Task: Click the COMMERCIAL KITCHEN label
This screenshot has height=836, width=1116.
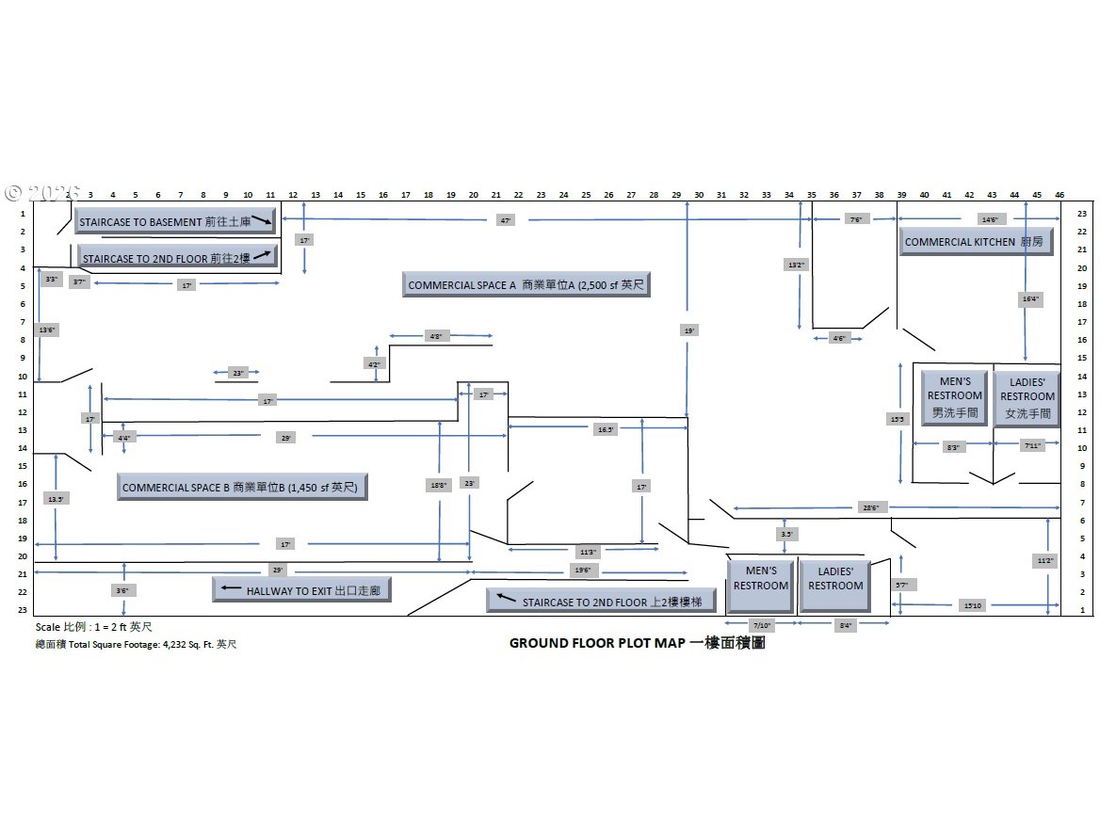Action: click(x=976, y=242)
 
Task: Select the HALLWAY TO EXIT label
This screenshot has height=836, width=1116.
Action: click(x=302, y=590)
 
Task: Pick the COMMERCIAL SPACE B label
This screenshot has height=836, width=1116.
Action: click(x=242, y=488)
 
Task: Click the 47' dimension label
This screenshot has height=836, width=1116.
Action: click(x=506, y=219)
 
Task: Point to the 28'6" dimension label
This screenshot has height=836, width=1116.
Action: click(x=870, y=507)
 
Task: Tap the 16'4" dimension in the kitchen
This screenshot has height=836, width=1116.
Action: click(x=1029, y=299)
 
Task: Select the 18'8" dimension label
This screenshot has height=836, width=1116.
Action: click(x=438, y=485)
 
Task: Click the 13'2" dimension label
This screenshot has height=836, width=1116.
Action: click(x=797, y=265)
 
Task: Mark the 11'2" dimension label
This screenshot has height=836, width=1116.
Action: click(x=1045, y=559)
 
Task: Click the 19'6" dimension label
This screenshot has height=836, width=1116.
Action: click(x=583, y=571)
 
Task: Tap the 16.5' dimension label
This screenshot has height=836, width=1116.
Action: click(x=606, y=428)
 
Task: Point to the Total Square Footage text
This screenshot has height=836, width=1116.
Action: click(x=137, y=645)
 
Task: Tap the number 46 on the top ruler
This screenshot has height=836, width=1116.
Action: click(x=1059, y=194)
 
